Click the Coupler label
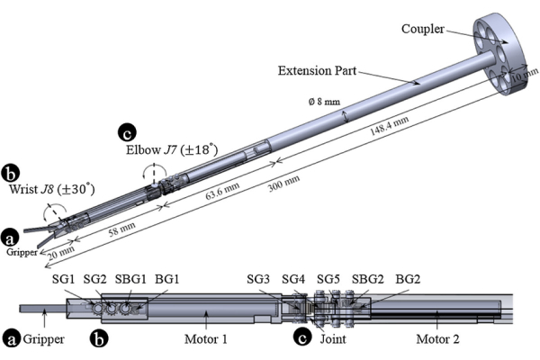click(x=423, y=29)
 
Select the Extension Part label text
click(x=317, y=70)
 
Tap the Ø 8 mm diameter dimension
click(x=324, y=102)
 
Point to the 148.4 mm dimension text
click(x=389, y=126)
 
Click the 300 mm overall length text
click(x=283, y=184)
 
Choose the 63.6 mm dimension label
click(x=222, y=191)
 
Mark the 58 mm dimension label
click(x=121, y=229)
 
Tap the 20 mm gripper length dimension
click(x=61, y=253)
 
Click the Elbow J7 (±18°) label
click(x=172, y=150)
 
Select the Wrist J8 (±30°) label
click(x=51, y=189)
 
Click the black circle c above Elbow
click(x=127, y=132)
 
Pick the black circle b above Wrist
click(x=10, y=174)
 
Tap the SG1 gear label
click(x=63, y=279)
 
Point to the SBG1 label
click(x=130, y=279)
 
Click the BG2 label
click(x=408, y=279)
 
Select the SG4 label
click(x=293, y=279)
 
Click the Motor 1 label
click(x=206, y=339)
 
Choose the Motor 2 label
click(x=437, y=339)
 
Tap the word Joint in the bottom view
click(x=333, y=339)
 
